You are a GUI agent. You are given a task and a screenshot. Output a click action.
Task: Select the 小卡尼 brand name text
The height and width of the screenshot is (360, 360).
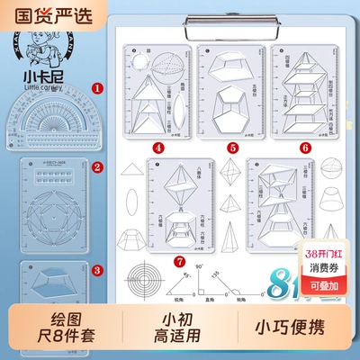tap(42, 77)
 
